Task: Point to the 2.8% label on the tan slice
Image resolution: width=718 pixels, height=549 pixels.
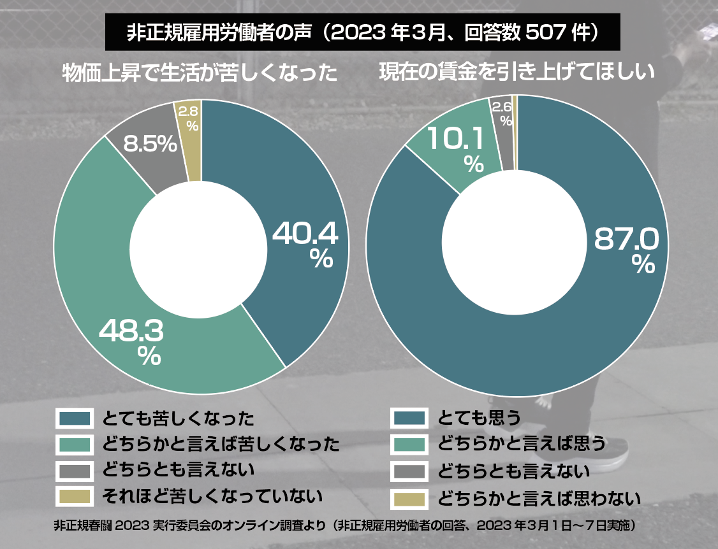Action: coord(188,118)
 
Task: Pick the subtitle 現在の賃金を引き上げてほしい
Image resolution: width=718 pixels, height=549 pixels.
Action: coord(517,72)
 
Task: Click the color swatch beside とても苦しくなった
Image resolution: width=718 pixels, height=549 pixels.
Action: coord(75,418)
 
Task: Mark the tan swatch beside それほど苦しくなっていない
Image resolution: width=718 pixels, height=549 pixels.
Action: coord(75,495)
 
